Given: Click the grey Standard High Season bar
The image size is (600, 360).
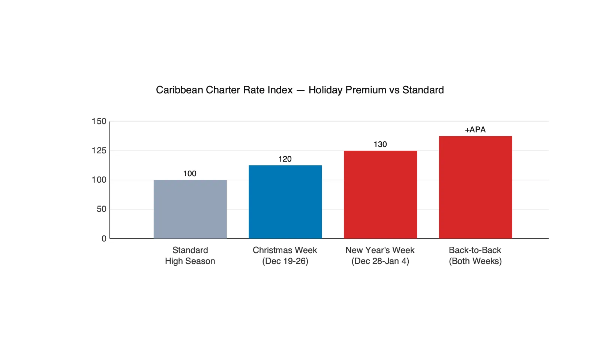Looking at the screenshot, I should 190,209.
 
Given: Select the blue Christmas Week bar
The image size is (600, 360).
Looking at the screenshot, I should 285,202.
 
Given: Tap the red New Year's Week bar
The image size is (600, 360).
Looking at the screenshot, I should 380,195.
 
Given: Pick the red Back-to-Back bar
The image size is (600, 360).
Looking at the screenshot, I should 475,187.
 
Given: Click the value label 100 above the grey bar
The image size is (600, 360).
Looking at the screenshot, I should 190,174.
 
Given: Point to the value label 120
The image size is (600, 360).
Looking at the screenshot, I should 285,159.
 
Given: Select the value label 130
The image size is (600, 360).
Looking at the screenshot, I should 380,144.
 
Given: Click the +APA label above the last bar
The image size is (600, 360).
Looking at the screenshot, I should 475,130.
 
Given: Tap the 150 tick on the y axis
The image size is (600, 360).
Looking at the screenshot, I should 99,121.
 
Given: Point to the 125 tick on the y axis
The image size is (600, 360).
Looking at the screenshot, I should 99,151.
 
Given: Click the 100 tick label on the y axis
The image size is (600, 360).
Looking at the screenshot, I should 99,180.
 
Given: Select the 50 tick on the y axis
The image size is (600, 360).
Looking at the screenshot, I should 102,209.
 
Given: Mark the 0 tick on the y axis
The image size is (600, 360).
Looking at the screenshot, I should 104,238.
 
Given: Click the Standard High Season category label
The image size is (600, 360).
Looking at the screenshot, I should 190,256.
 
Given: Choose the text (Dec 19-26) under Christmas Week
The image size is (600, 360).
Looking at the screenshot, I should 285,261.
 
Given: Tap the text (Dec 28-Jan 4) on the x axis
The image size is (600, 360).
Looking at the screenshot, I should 380,261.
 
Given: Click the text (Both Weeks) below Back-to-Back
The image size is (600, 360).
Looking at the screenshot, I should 475,261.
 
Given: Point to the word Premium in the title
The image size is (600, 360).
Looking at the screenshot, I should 366,90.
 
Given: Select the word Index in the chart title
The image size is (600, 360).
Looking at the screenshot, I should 281,90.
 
